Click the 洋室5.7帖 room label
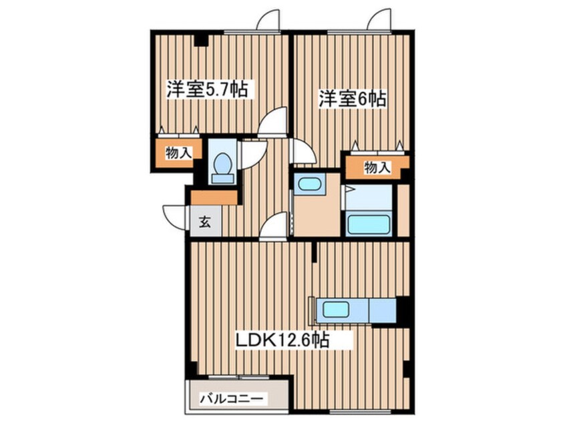click(207, 89)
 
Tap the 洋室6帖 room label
click(352, 99)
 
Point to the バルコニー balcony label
click(234, 399)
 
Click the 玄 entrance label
click(205, 222)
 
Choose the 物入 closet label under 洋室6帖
click(377, 168)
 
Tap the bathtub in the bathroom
click(368, 224)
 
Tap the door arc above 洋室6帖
click(379, 19)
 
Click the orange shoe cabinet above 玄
click(214, 197)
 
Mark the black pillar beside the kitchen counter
click(403, 310)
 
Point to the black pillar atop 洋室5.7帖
click(201, 40)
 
